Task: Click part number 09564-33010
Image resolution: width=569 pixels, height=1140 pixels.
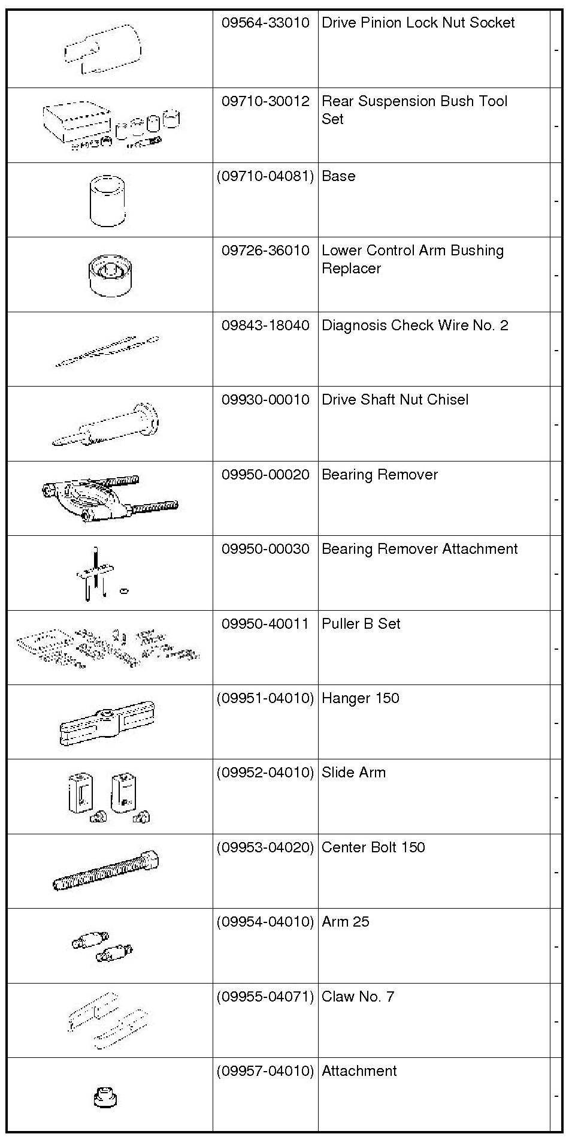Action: (x=265, y=23)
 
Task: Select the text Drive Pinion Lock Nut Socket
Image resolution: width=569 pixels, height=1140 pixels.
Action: (x=418, y=23)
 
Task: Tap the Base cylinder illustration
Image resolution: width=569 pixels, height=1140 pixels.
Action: (x=108, y=200)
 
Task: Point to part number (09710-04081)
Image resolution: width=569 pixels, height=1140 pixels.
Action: (x=265, y=176)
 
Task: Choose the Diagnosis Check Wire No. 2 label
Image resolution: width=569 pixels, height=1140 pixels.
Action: (x=414, y=325)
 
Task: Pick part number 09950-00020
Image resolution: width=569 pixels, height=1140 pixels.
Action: (x=265, y=475)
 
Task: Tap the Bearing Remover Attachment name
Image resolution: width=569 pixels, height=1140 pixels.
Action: (x=419, y=549)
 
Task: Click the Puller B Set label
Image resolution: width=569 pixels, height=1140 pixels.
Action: (x=361, y=624)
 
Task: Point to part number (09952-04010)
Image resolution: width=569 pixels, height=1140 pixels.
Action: (x=265, y=773)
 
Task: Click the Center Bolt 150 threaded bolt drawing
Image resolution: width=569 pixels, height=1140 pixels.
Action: (x=107, y=871)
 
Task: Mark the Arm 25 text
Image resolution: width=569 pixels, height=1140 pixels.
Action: (x=345, y=922)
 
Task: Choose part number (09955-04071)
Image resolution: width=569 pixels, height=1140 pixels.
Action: (x=265, y=997)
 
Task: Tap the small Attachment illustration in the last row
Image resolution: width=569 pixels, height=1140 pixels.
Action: (x=106, y=1097)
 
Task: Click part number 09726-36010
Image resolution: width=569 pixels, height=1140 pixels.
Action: (x=265, y=251)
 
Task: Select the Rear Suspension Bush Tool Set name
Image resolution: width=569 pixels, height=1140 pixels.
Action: (x=414, y=110)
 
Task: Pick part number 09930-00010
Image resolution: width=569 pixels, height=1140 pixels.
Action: (x=265, y=400)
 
